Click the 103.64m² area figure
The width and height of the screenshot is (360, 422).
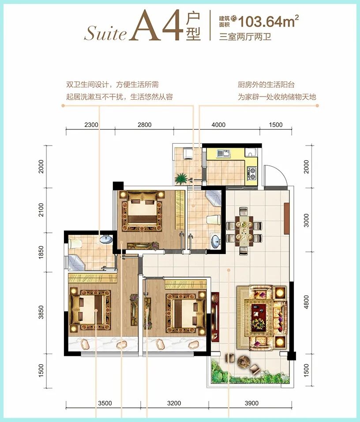click(268, 21)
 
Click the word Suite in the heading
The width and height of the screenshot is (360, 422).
click(105, 34)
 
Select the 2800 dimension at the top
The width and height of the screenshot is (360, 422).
click(145, 125)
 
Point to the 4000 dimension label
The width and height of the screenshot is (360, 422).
click(218, 125)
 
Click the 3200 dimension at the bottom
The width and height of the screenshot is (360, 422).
click(174, 403)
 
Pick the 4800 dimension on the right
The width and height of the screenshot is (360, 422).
click(306, 302)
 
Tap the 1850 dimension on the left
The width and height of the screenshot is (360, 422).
click(41, 252)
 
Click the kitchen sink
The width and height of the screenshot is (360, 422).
click(223, 153)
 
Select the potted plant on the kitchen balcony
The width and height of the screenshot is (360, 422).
click(181, 178)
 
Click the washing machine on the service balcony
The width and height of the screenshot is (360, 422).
click(187, 153)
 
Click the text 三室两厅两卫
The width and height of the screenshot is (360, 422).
click(245, 36)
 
